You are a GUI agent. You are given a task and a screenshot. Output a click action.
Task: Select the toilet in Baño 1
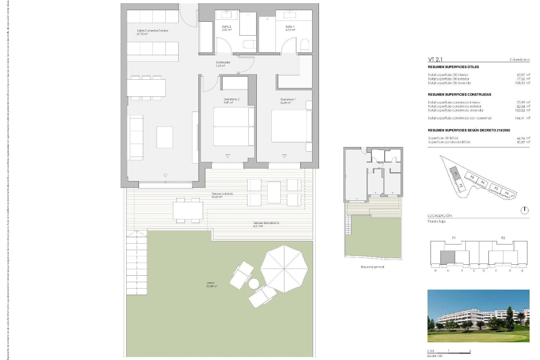point(305,46)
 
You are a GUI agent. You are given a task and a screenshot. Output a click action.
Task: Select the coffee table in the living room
point(165,137)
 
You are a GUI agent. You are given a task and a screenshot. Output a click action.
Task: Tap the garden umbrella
point(284,269)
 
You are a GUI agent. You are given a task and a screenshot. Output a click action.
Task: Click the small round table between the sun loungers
point(254,283)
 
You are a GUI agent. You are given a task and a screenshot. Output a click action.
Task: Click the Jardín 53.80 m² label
point(211,284)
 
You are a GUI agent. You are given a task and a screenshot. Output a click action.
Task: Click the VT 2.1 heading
point(435,59)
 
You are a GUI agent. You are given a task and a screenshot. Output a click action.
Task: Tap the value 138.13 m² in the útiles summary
point(523,83)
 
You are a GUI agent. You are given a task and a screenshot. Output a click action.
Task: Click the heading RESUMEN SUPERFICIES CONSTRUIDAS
point(459,94)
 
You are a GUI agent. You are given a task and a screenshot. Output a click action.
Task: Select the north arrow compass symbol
point(525,210)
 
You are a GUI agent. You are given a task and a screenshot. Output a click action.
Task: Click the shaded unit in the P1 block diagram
point(447,257)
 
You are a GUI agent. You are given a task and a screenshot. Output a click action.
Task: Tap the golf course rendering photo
point(478,316)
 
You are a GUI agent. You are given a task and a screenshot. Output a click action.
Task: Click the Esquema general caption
point(372,267)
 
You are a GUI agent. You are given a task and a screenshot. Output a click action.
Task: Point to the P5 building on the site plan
point(496,188)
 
